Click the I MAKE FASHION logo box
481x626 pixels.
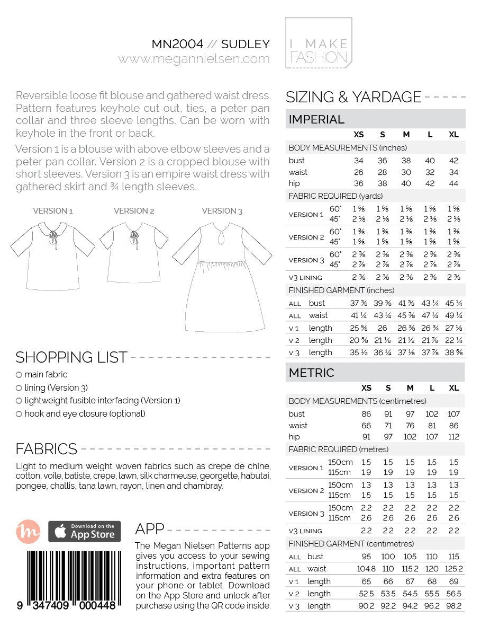coord(319,43)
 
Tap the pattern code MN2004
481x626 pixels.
coord(177,44)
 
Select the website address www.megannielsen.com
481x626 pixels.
coord(194,59)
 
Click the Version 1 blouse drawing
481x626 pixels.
coord(52,254)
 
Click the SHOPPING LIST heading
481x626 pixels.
coord(71,357)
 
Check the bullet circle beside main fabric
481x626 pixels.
coord(19,375)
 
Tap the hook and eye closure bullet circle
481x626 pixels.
coord(19,415)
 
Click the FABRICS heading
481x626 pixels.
coord(47,449)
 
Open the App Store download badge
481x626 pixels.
coord(85,532)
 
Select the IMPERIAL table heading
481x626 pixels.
coord(316,119)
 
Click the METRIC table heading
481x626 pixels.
coord(312,373)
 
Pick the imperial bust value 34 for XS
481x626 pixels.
coord(358,161)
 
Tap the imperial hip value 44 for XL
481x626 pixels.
coord(453,183)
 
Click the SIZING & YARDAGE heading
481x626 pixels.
coord(353,97)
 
